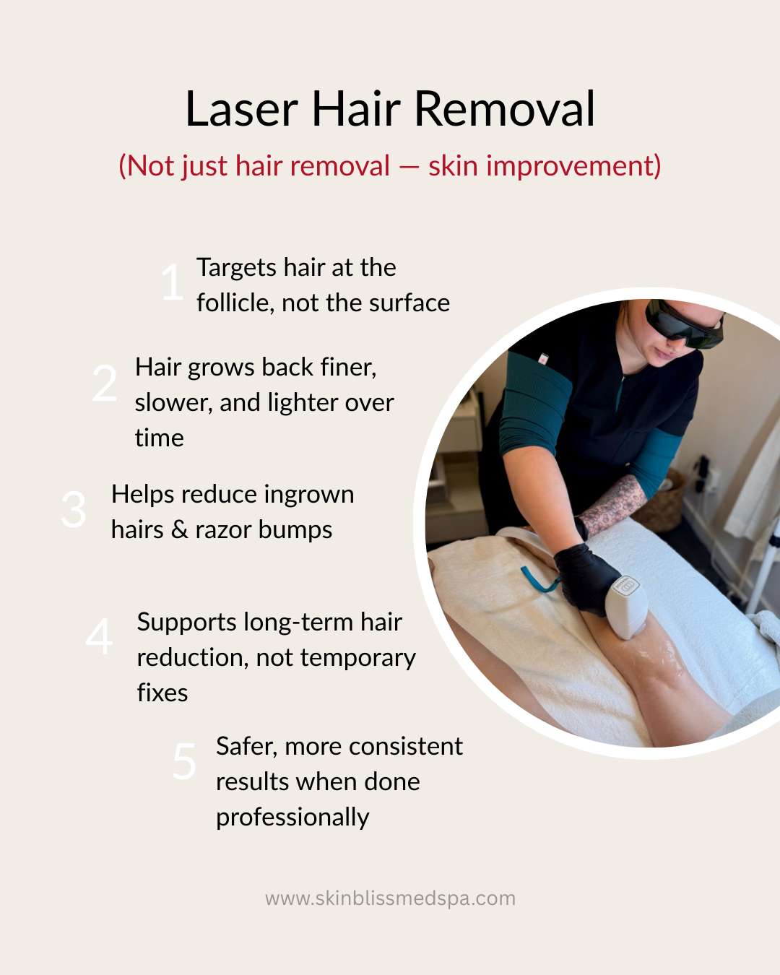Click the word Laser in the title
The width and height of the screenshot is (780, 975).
point(241,109)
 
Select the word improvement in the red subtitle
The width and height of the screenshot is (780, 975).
point(573,166)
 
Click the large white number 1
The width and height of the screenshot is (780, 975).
point(173,282)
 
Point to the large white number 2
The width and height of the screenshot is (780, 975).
point(105,383)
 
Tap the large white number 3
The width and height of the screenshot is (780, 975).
point(74,509)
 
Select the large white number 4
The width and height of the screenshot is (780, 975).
point(99,636)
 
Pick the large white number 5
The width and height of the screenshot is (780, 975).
point(184,761)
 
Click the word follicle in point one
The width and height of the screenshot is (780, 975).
point(235,303)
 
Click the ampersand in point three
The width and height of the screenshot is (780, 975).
point(180,530)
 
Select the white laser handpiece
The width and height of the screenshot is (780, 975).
point(628,606)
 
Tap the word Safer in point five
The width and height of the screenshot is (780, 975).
point(246,747)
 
